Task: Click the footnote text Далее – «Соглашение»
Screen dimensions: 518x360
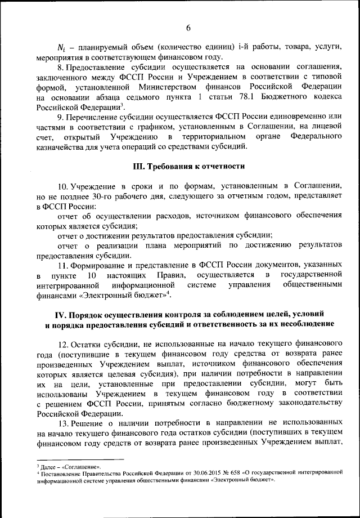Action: click(x=70, y=467)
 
